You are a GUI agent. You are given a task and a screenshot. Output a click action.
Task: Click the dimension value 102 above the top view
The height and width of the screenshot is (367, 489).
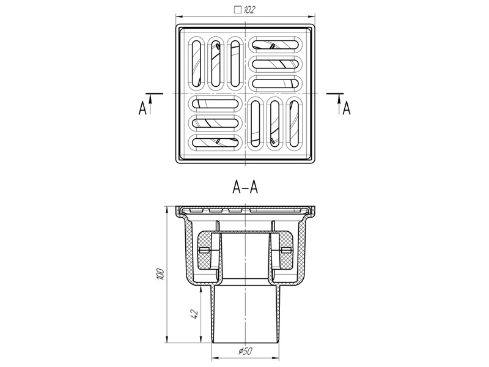tap(249, 10)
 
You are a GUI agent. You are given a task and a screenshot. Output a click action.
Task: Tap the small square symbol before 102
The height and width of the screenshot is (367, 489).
tap(238, 10)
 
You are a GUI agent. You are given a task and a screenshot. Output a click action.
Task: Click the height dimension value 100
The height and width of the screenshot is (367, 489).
tap(160, 273)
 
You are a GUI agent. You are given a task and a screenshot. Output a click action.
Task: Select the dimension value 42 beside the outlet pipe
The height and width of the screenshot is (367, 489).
tap(194, 314)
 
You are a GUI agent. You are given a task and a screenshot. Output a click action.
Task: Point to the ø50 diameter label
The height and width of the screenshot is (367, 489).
tap(245, 351)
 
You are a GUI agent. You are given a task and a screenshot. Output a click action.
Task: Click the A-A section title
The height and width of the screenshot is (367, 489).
tap(245, 187)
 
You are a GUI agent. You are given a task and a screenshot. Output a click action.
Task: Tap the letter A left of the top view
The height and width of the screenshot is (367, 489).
tap(142, 109)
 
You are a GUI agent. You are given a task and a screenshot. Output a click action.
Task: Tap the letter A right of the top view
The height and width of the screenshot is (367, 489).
tap(347, 109)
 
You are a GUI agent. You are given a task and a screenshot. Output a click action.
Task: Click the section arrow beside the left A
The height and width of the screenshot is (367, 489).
tap(150, 104)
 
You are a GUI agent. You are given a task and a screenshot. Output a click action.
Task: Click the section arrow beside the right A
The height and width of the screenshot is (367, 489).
tap(339, 104)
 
